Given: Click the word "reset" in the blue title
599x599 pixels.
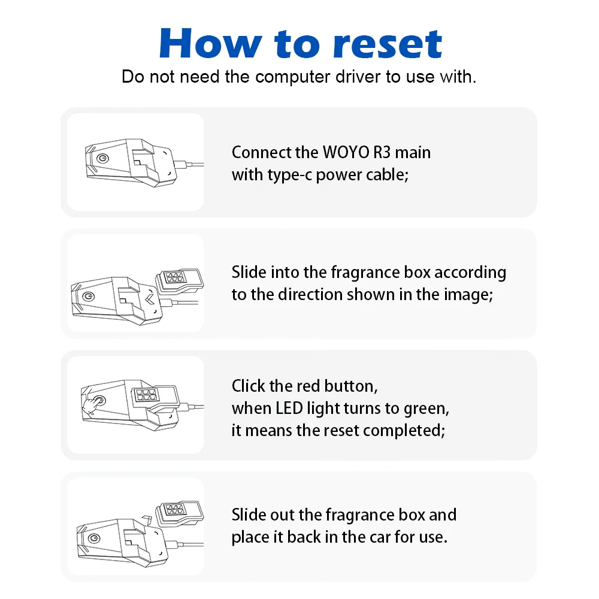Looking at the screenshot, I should coord(387,43).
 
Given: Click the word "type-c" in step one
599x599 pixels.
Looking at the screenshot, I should coord(289,175).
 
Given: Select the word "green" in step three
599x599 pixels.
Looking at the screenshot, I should coord(428,408).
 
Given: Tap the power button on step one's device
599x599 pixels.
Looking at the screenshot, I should coord(104,158).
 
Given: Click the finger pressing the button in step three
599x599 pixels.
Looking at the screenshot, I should coord(92,406).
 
